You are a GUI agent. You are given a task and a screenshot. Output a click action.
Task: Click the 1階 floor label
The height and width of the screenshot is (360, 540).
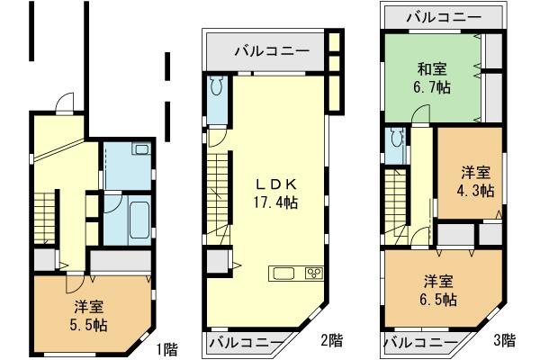click(x=167, y=348)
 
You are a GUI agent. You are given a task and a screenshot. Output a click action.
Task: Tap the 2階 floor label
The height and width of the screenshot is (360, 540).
click(x=330, y=341)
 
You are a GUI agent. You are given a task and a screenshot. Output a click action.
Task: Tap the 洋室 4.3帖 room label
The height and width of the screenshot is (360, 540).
click(x=476, y=181)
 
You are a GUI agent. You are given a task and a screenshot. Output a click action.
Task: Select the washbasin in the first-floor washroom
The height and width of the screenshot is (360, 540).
click(x=141, y=152)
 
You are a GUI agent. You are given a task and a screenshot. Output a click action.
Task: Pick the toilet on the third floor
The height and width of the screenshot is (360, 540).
click(x=394, y=141)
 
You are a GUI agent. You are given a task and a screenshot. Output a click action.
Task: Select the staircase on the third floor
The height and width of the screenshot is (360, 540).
click(x=393, y=203)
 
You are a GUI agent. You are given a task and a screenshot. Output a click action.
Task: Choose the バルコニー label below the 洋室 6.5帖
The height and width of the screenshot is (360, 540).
click(x=419, y=342)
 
